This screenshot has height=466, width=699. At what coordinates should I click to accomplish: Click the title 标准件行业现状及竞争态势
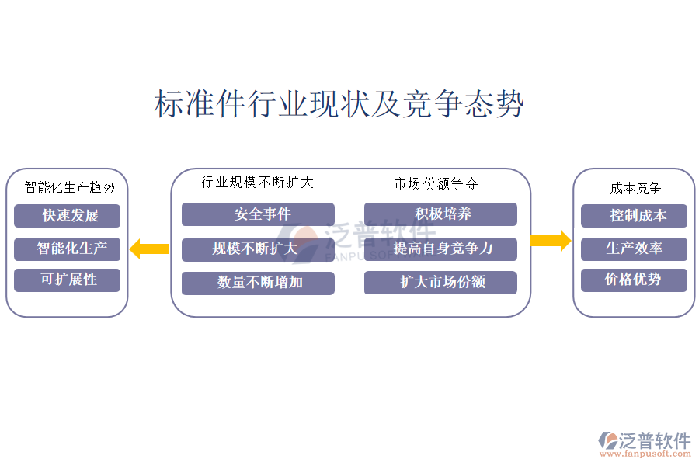click(339, 104)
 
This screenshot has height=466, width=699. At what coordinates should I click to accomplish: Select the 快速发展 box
click(67, 215)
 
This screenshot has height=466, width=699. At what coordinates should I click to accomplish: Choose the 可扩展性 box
click(67, 280)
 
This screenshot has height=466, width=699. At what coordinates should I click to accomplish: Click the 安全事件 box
click(258, 214)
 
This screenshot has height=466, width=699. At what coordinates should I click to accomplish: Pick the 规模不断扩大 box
click(258, 249)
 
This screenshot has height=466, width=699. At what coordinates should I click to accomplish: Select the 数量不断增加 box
click(258, 283)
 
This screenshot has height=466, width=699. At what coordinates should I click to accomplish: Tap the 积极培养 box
click(440, 214)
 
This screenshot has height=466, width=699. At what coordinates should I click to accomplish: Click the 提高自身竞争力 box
click(440, 249)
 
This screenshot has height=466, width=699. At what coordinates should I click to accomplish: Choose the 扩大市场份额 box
click(440, 283)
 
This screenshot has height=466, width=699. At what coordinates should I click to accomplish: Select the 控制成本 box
click(634, 216)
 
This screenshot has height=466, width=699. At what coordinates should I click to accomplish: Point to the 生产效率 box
click(634, 249)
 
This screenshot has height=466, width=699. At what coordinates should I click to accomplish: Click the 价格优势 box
click(634, 280)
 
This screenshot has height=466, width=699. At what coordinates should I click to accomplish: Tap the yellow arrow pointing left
click(149, 249)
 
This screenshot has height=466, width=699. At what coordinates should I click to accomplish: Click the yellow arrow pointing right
click(551, 240)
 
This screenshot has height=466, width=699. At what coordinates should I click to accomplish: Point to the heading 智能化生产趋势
click(69, 187)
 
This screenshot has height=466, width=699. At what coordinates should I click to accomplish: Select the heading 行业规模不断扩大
click(257, 183)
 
